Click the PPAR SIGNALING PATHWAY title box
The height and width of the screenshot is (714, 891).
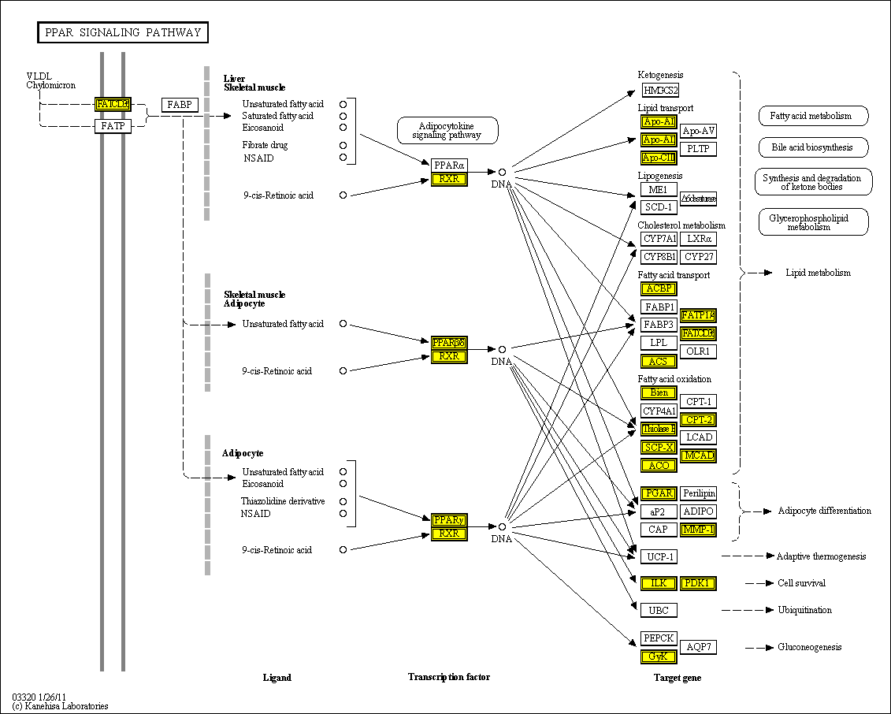[x=123, y=32]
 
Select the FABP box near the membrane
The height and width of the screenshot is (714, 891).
[x=180, y=105]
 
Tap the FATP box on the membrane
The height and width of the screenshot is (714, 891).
[x=113, y=125]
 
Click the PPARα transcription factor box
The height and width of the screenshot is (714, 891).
[x=449, y=165]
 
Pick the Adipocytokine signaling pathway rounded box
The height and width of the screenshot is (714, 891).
[x=447, y=131]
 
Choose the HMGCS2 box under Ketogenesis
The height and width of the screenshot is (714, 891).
[x=659, y=90]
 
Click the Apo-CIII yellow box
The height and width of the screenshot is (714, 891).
[x=659, y=157]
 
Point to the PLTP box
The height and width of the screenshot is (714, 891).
[x=698, y=148]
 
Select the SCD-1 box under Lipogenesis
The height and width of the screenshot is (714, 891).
[x=659, y=207]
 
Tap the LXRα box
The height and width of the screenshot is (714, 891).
[x=698, y=239]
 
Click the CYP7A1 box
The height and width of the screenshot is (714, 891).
[x=659, y=239]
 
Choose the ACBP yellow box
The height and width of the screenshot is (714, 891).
[x=659, y=289]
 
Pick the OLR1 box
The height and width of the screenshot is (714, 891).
[x=698, y=351]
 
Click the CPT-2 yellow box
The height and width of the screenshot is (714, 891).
[x=698, y=419]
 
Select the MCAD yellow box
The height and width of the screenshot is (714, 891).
[x=698, y=456]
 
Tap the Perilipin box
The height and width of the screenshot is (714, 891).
[x=698, y=493]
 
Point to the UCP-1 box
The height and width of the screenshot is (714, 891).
[x=659, y=557]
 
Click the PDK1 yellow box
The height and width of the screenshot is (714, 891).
[x=698, y=583]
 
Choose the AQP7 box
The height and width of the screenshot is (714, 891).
[x=698, y=647]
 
